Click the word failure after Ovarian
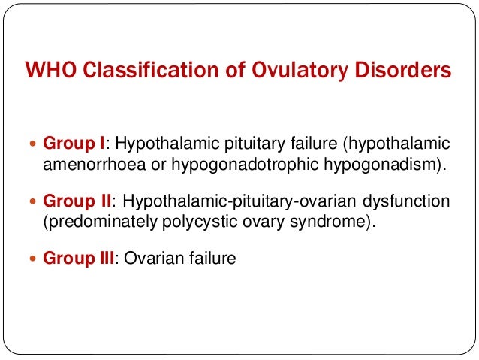pos(210,259)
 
